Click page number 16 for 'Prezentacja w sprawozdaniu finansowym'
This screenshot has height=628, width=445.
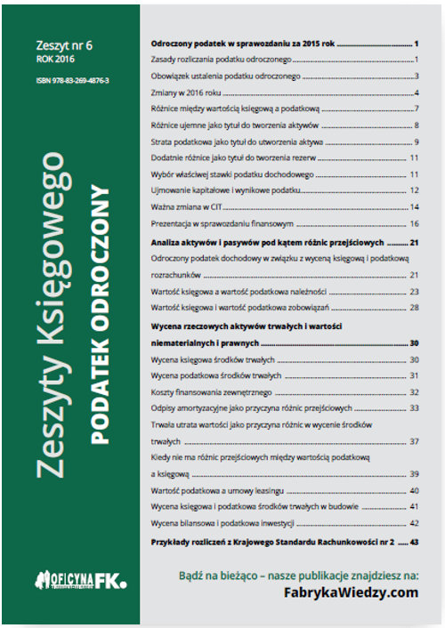[414, 223]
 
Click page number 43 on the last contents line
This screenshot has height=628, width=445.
[414, 541]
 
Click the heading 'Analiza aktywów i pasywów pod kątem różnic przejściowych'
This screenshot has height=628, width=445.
[268, 242]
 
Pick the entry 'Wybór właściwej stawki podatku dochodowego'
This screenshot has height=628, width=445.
[233, 174]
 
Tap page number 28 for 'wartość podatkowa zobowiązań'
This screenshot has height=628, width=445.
[414, 307]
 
